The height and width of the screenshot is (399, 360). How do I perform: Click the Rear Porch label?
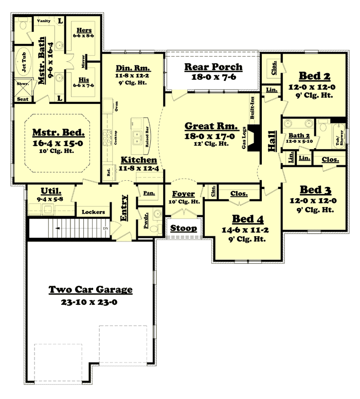pos(213,67)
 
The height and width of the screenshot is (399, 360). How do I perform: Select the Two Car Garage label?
pos(91,290)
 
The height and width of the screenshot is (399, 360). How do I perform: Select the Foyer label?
pos(183,194)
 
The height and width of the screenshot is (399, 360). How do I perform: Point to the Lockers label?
pos(93,212)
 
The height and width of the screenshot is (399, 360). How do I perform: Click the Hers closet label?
pos(83,30)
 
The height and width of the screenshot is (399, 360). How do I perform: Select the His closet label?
pos(83,80)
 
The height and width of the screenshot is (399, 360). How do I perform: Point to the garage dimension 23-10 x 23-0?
pos(91,302)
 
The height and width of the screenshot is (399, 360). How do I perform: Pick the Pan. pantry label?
pos(149,193)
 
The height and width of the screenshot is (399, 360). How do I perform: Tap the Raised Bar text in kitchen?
pos(147,136)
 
